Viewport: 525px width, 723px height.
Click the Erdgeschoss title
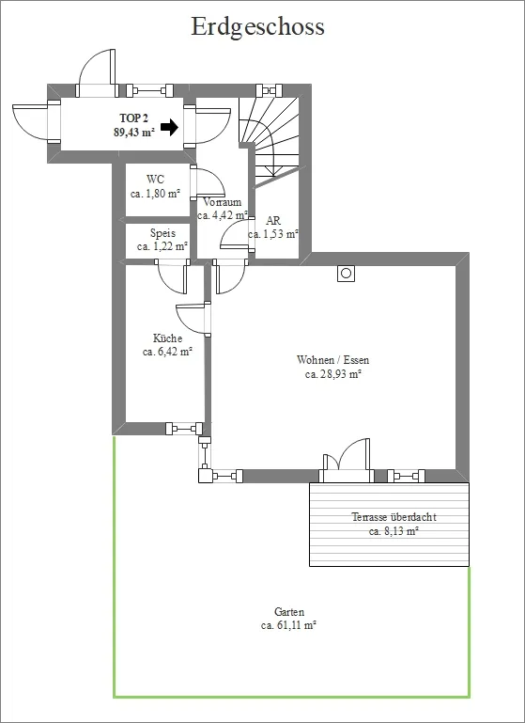pyautogui.click(x=257, y=27)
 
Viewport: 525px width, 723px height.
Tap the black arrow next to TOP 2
pyautogui.click(x=169, y=127)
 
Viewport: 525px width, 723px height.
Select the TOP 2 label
pyautogui.click(x=133, y=118)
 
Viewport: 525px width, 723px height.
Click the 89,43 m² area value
pyautogui.click(x=134, y=133)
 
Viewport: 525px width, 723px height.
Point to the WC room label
pyautogui.click(x=155, y=180)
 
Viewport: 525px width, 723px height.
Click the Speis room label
pyautogui.click(x=162, y=233)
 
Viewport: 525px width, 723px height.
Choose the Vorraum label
pyautogui.click(x=222, y=202)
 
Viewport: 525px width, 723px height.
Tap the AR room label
pyautogui.click(x=273, y=221)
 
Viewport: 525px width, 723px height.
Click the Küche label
pyautogui.click(x=167, y=338)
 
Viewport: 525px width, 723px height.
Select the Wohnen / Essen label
pyautogui.click(x=333, y=360)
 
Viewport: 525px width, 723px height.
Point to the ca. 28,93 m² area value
pyautogui.click(x=332, y=374)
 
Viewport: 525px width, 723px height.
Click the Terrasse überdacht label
pyautogui.click(x=394, y=517)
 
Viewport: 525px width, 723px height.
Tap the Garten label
pyautogui.click(x=289, y=612)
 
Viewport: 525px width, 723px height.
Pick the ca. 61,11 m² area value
pyautogui.click(x=288, y=626)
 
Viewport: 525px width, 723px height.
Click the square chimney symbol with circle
pyautogui.click(x=347, y=274)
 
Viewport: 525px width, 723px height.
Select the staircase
pyautogui.click(x=269, y=137)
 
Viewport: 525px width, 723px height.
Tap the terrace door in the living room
pyautogui.click(x=347, y=460)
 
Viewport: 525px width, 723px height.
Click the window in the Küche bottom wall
pyautogui.click(x=184, y=429)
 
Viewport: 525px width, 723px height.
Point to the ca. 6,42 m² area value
pyautogui.click(x=167, y=352)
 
